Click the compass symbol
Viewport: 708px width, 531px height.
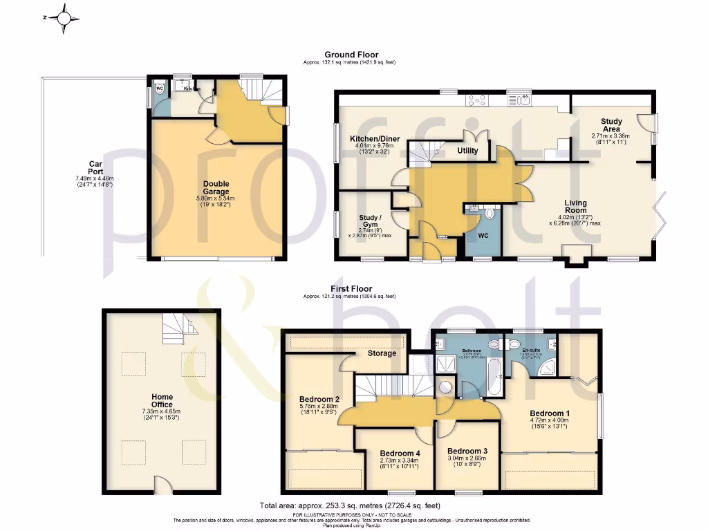63,19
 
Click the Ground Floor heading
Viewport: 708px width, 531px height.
351,55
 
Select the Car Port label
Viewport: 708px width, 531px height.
95,165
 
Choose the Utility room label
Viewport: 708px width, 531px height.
467,150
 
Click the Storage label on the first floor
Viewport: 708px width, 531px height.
382,353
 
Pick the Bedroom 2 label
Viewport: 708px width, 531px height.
319,400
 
